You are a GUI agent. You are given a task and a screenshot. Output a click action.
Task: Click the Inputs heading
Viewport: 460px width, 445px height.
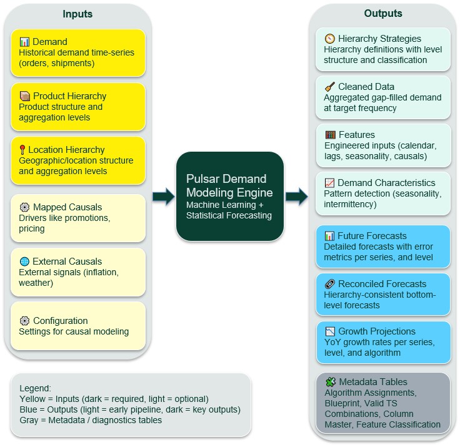(77, 14)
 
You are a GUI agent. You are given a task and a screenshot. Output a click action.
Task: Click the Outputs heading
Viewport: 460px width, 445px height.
(383, 13)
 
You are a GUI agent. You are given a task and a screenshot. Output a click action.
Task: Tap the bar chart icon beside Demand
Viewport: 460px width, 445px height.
(24, 42)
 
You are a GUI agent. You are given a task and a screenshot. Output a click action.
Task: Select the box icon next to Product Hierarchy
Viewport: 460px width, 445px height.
(25, 95)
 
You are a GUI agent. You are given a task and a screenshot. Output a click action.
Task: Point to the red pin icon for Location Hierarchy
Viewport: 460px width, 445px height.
(22, 149)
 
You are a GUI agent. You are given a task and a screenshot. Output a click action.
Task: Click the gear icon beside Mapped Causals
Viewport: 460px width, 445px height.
(24, 207)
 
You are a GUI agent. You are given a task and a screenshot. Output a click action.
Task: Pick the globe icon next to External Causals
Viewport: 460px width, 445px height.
(24, 261)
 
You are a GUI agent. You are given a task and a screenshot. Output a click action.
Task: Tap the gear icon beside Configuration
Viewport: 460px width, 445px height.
(24, 321)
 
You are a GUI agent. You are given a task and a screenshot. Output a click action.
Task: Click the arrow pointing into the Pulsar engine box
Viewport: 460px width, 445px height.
(164, 196)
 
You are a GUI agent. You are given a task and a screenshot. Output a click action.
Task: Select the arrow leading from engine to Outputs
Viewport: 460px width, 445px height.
(297, 196)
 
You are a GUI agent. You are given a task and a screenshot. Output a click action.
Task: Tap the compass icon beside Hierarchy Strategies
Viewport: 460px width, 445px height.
(330, 39)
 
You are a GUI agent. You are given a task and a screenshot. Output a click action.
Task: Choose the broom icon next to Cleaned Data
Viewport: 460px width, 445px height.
(330, 87)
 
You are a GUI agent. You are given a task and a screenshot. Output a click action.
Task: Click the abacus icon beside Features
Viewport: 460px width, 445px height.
(331, 135)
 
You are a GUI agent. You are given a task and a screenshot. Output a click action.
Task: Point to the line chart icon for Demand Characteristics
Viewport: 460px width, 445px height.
(329, 183)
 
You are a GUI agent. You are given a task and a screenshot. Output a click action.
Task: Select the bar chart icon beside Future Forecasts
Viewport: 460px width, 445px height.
(329, 236)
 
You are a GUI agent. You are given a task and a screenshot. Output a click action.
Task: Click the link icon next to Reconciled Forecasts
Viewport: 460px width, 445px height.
(330, 284)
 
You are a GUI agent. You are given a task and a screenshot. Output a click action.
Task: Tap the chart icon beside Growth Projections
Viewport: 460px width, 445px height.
(330, 331)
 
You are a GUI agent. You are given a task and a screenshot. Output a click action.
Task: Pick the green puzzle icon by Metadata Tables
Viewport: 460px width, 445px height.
(331, 382)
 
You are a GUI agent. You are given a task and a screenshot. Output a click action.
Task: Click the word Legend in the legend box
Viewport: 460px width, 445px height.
(35, 388)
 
